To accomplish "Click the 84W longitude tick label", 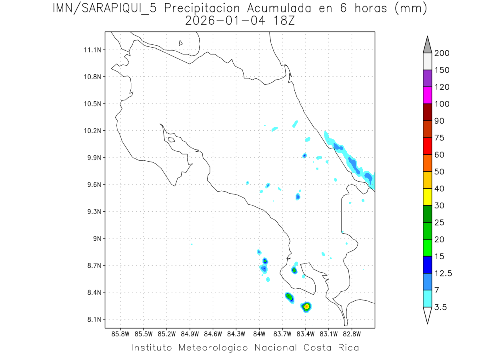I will [x=259, y=333].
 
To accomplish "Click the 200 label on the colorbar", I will [x=442, y=53].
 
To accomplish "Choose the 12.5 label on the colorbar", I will [x=443, y=273].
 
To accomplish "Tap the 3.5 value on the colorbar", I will [x=441, y=307].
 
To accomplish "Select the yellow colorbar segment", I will [x=427, y=196].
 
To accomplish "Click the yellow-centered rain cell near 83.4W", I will [x=306, y=306].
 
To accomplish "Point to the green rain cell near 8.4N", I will [x=289, y=296].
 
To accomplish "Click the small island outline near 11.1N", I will [x=181, y=43].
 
